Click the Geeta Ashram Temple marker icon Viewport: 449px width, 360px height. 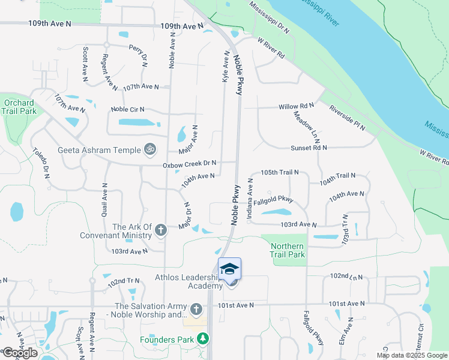click(x=150, y=149)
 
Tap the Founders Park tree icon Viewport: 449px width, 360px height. click(x=203, y=339)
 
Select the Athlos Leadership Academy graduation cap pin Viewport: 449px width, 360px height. click(x=229, y=268)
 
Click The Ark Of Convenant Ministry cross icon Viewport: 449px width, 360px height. click(x=160, y=230)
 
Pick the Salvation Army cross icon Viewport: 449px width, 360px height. click(x=196, y=310)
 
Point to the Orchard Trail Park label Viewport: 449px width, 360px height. click(x=18, y=107)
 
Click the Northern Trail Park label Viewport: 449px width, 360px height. click(x=287, y=250)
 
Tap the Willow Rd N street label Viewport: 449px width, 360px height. click(x=297, y=107)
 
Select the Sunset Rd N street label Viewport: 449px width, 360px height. click(x=309, y=148)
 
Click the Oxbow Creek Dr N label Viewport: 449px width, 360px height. click(x=189, y=163)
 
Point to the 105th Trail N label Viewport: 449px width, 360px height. click(x=280, y=173)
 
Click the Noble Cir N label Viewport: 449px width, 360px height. click(x=128, y=110)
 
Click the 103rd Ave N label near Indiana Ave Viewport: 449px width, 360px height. click(x=298, y=224)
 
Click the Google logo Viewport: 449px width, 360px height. click(x=20, y=353)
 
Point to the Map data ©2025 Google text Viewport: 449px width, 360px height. click(x=411, y=355)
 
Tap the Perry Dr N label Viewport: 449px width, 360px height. click(x=138, y=55)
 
